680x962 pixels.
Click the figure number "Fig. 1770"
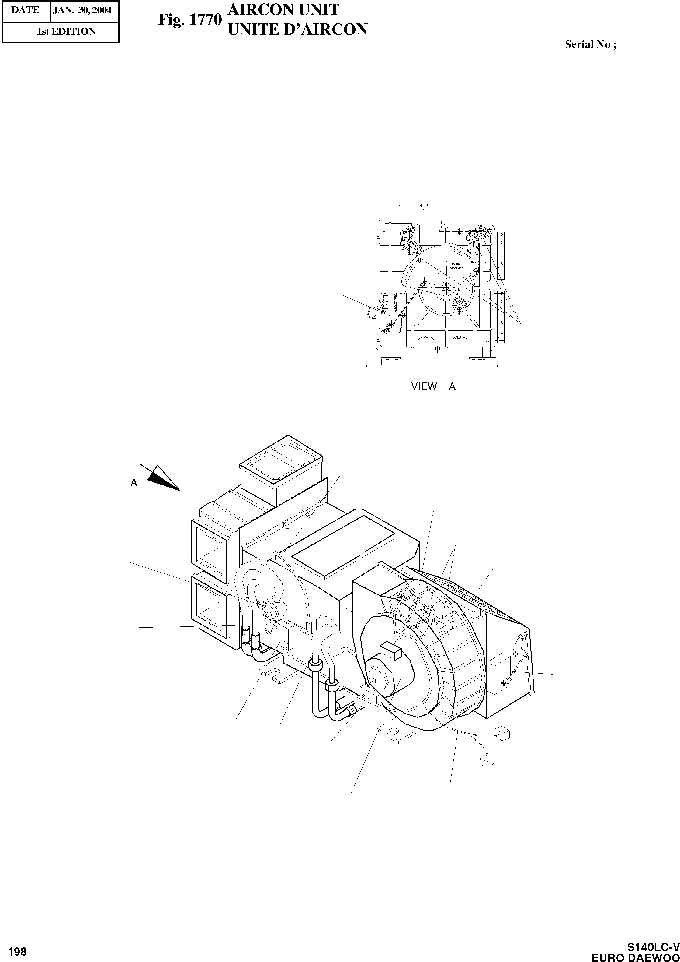click(189, 20)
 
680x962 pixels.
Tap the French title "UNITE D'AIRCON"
click(297, 29)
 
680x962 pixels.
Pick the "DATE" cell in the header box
click(25, 10)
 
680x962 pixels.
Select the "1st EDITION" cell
click(66, 31)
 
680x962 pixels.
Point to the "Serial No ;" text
click(590, 44)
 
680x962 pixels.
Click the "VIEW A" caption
click(433, 386)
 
